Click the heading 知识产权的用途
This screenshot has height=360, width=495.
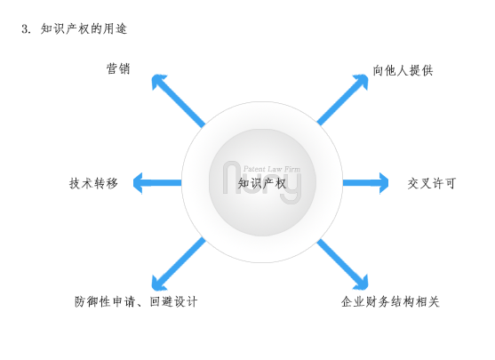coord(84,28)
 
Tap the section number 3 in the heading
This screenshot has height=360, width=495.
coord(25,29)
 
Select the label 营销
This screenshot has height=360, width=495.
coord(118,68)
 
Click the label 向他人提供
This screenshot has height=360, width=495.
coord(403,70)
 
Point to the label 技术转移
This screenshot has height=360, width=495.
coord(93,183)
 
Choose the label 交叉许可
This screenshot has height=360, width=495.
coord(432,183)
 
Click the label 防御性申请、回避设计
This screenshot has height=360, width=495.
coord(136,301)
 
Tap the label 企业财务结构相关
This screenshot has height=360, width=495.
coord(390,301)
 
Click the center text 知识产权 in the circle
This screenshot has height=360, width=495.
coord(262,183)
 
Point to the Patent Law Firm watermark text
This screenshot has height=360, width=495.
coord(272,169)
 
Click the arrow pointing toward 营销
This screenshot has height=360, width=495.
coord(178,100)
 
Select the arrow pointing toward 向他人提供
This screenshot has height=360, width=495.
coord(342,100)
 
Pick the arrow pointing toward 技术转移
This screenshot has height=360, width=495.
coord(157,183)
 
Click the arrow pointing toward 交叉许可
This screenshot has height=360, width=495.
coord(365,183)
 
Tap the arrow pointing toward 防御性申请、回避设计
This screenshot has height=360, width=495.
coord(179,264)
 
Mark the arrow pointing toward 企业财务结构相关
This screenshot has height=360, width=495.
coord(342,264)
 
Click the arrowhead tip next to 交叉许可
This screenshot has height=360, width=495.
coord(388,183)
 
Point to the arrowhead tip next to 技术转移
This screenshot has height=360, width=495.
coord(133,183)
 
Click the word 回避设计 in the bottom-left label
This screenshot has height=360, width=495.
coord(173,301)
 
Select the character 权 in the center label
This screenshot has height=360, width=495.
coord(281,183)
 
